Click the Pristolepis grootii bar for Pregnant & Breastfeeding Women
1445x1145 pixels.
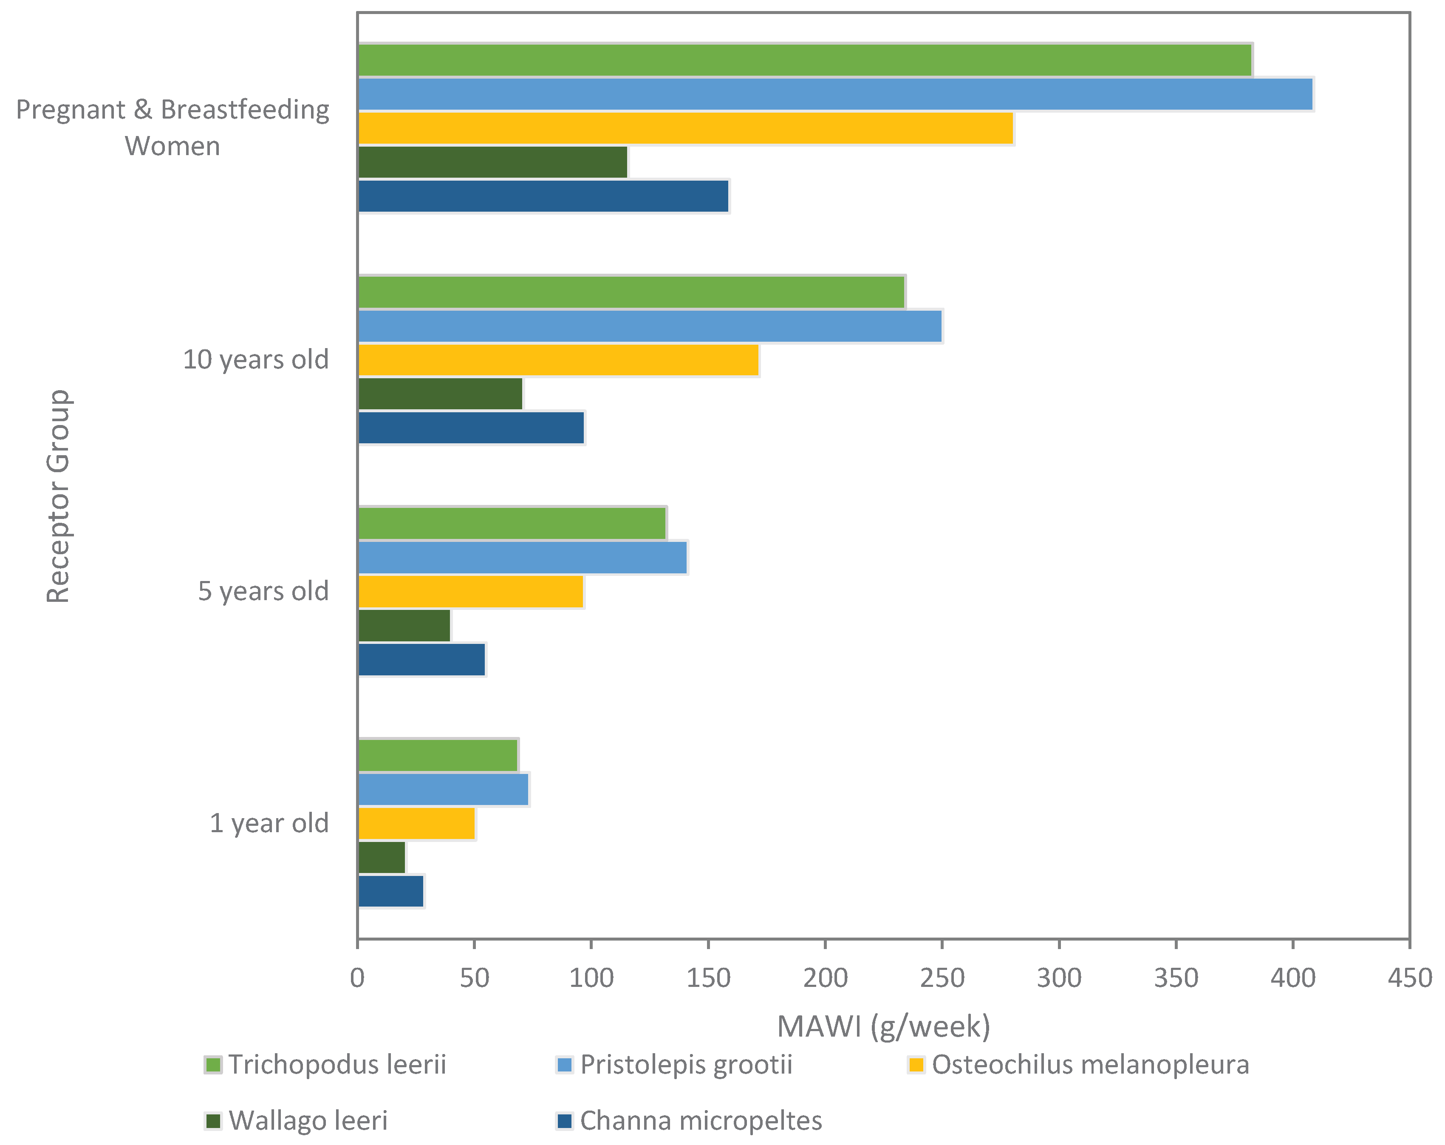(x=836, y=94)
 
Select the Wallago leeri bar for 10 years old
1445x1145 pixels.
(x=440, y=394)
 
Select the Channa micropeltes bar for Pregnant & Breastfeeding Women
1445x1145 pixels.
(x=543, y=196)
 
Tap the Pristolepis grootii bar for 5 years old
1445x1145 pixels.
(x=523, y=558)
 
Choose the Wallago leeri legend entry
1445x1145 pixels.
(x=296, y=1120)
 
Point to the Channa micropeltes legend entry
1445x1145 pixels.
(x=689, y=1120)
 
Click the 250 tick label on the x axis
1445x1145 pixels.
(x=942, y=978)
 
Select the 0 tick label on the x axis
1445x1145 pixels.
(x=358, y=978)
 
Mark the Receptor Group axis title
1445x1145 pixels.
(x=58, y=496)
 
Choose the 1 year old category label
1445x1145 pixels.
(x=269, y=823)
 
